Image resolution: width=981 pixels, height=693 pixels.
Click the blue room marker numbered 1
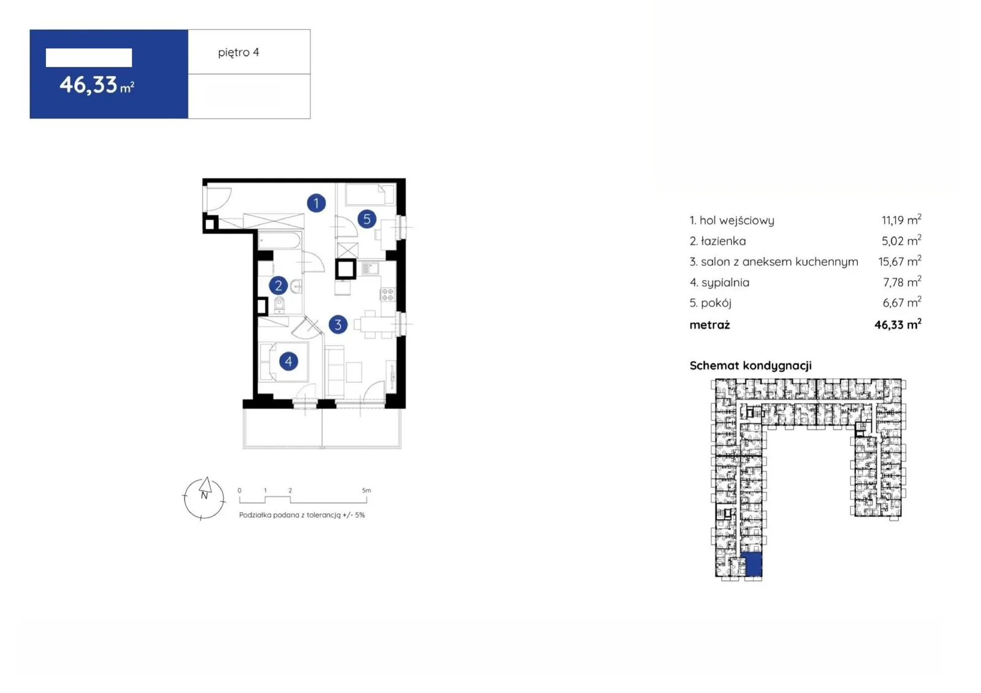click(x=316, y=203)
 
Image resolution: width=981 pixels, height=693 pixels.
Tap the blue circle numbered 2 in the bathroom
click(x=278, y=286)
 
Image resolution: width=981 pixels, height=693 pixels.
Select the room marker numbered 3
click(x=338, y=324)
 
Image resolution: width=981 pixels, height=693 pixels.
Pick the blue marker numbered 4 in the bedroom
click(x=288, y=361)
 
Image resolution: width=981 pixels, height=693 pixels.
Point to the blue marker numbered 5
click(x=367, y=219)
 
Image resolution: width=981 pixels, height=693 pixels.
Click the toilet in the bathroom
click(x=280, y=305)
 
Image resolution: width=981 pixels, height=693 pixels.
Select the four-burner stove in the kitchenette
click(x=387, y=294)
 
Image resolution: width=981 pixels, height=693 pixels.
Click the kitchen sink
click(x=370, y=268)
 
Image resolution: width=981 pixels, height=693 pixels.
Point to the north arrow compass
click(x=204, y=498)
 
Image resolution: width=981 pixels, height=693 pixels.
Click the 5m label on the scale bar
click(x=366, y=490)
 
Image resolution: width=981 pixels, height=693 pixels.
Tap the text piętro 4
click(x=239, y=53)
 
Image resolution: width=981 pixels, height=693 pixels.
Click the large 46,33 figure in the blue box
click(x=88, y=85)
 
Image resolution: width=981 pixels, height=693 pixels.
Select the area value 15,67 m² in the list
click(x=899, y=262)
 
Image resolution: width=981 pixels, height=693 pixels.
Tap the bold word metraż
click(x=709, y=325)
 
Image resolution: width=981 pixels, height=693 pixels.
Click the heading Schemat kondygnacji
click(x=750, y=366)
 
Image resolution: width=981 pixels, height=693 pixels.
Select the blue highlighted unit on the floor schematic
click(x=754, y=564)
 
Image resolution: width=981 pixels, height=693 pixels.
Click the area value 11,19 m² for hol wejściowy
click(x=901, y=220)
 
